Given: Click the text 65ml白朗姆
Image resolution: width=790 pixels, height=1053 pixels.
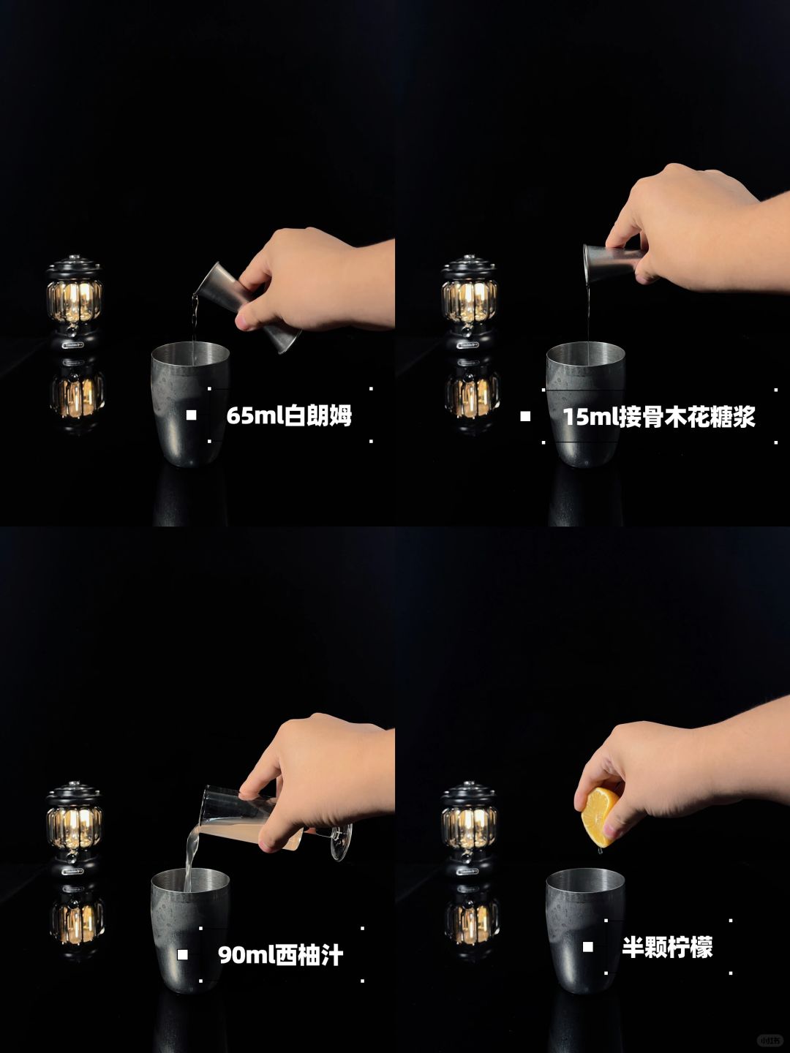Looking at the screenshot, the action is click(289, 415).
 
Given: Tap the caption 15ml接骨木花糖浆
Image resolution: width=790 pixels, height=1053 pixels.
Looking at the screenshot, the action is click(659, 416).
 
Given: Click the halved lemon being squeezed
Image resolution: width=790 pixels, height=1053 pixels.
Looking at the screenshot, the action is click(600, 817).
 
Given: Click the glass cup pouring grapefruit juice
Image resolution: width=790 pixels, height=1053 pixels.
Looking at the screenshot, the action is click(276, 820).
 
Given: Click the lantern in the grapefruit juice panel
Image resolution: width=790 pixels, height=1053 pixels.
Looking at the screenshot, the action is click(74, 830).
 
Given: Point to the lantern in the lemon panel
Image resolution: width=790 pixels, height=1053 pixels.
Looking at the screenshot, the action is click(469, 830).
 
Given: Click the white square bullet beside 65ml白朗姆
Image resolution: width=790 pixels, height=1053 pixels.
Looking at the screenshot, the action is click(191, 415).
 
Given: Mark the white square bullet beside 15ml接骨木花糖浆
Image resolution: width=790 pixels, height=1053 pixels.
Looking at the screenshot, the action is click(525, 416).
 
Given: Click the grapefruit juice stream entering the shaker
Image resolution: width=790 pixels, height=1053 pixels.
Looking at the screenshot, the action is click(191, 858).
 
